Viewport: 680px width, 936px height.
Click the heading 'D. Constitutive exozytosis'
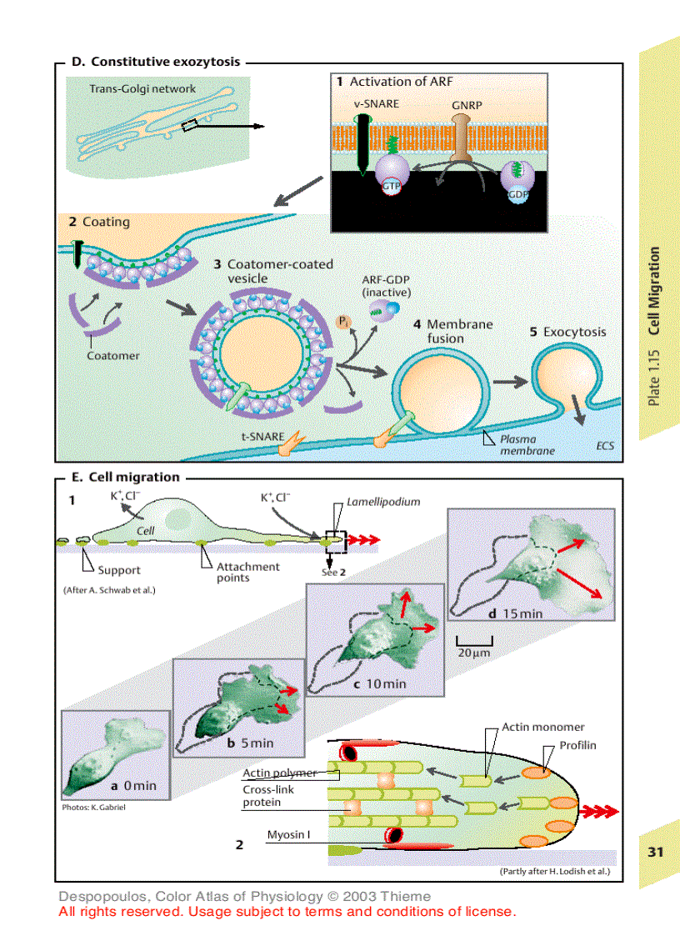pyautogui.click(x=156, y=62)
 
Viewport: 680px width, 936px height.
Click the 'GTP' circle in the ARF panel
pyautogui.click(x=392, y=188)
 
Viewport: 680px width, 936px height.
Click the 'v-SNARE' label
pyautogui.click(x=377, y=103)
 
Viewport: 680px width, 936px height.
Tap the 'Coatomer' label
pyautogui.click(x=113, y=355)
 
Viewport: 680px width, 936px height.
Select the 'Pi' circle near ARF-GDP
pyautogui.click(x=343, y=320)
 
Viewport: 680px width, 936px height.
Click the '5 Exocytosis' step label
pyautogui.click(x=568, y=332)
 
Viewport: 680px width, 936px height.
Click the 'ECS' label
pyautogui.click(x=605, y=446)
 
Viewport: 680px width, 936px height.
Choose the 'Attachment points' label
pyautogui.click(x=247, y=572)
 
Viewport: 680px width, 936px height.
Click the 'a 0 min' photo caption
pyautogui.click(x=133, y=785)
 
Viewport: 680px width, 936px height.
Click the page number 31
pyautogui.click(x=656, y=852)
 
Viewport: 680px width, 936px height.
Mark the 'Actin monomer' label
pyautogui.click(x=543, y=727)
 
